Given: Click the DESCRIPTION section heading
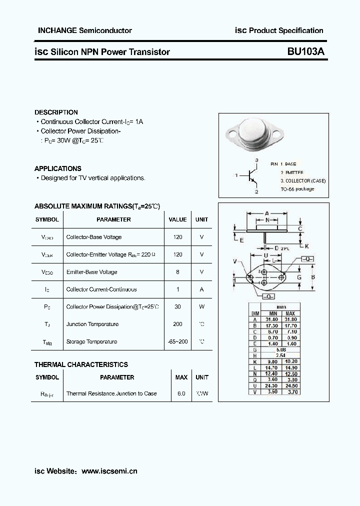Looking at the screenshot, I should pos(56,112).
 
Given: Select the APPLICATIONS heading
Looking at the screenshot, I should pos(57,168).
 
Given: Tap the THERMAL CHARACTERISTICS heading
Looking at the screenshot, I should pos(81,364).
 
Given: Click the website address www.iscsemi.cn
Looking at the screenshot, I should pos(109,471).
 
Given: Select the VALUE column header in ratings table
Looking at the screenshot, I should pos(177,219).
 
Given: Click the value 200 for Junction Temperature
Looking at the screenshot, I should pos(177,324).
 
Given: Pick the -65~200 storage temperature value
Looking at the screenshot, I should pos(177,341).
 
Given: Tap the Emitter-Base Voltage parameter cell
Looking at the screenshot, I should pos(91,272).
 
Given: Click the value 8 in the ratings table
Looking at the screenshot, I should pos(177,272).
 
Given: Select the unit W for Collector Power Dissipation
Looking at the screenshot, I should pos(201,306).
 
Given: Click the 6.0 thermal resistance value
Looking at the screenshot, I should pos(181,393).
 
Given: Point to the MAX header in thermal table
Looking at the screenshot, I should pos(181,377).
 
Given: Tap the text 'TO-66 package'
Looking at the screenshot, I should pos(297,189).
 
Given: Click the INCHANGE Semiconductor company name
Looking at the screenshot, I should pos(85,30).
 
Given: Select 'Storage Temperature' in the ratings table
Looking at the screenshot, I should pos(91,341).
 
